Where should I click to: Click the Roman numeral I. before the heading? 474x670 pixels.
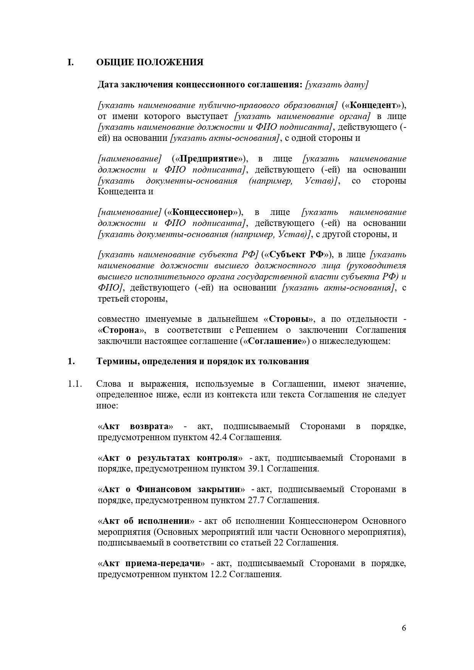[70, 62]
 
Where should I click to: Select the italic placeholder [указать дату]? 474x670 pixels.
[336, 84]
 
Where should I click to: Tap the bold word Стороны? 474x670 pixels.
[289, 319]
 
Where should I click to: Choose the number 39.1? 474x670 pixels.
[256, 468]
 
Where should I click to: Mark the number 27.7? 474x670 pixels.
[256, 500]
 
